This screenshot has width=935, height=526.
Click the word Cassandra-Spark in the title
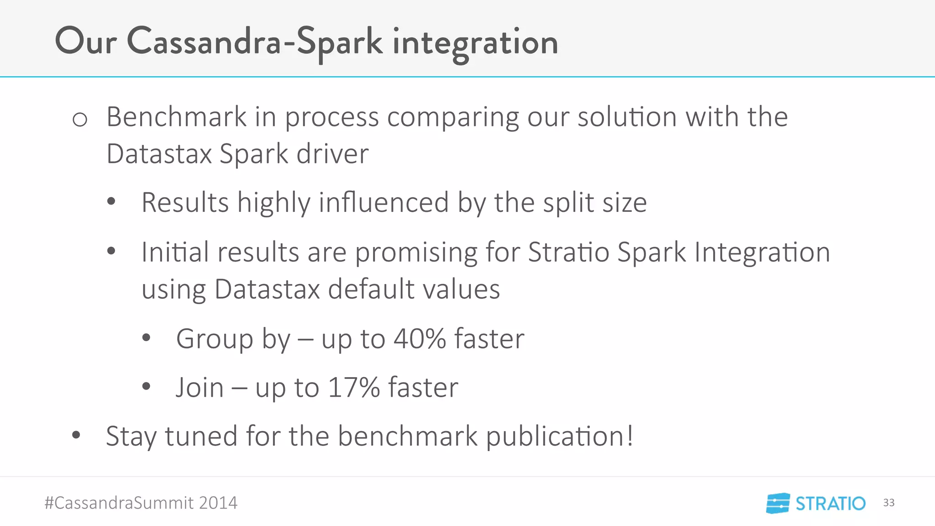pos(254,42)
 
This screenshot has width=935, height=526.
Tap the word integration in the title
pos(475,42)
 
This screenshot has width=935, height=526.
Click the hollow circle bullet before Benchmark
pos(80,120)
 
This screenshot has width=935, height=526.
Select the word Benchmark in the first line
pos(176,117)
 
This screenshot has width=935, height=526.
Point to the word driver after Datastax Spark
pos(332,154)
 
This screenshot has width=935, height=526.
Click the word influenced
pos(383,202)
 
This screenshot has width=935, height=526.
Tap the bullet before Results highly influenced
pos(111,202)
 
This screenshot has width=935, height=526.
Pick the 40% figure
pos(420,339)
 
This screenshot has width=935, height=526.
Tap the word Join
pos(200,388)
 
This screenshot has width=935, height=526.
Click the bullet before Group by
pos(146,338)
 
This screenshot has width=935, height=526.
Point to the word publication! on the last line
pos(560,436)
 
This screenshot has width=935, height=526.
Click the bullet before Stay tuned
pos(76,436)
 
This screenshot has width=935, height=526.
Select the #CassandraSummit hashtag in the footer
pos(119,503)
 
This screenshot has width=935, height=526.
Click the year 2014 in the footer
pos(218,503)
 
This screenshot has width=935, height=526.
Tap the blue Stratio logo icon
pos(778,503)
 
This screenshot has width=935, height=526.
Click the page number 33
pos(888,503)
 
